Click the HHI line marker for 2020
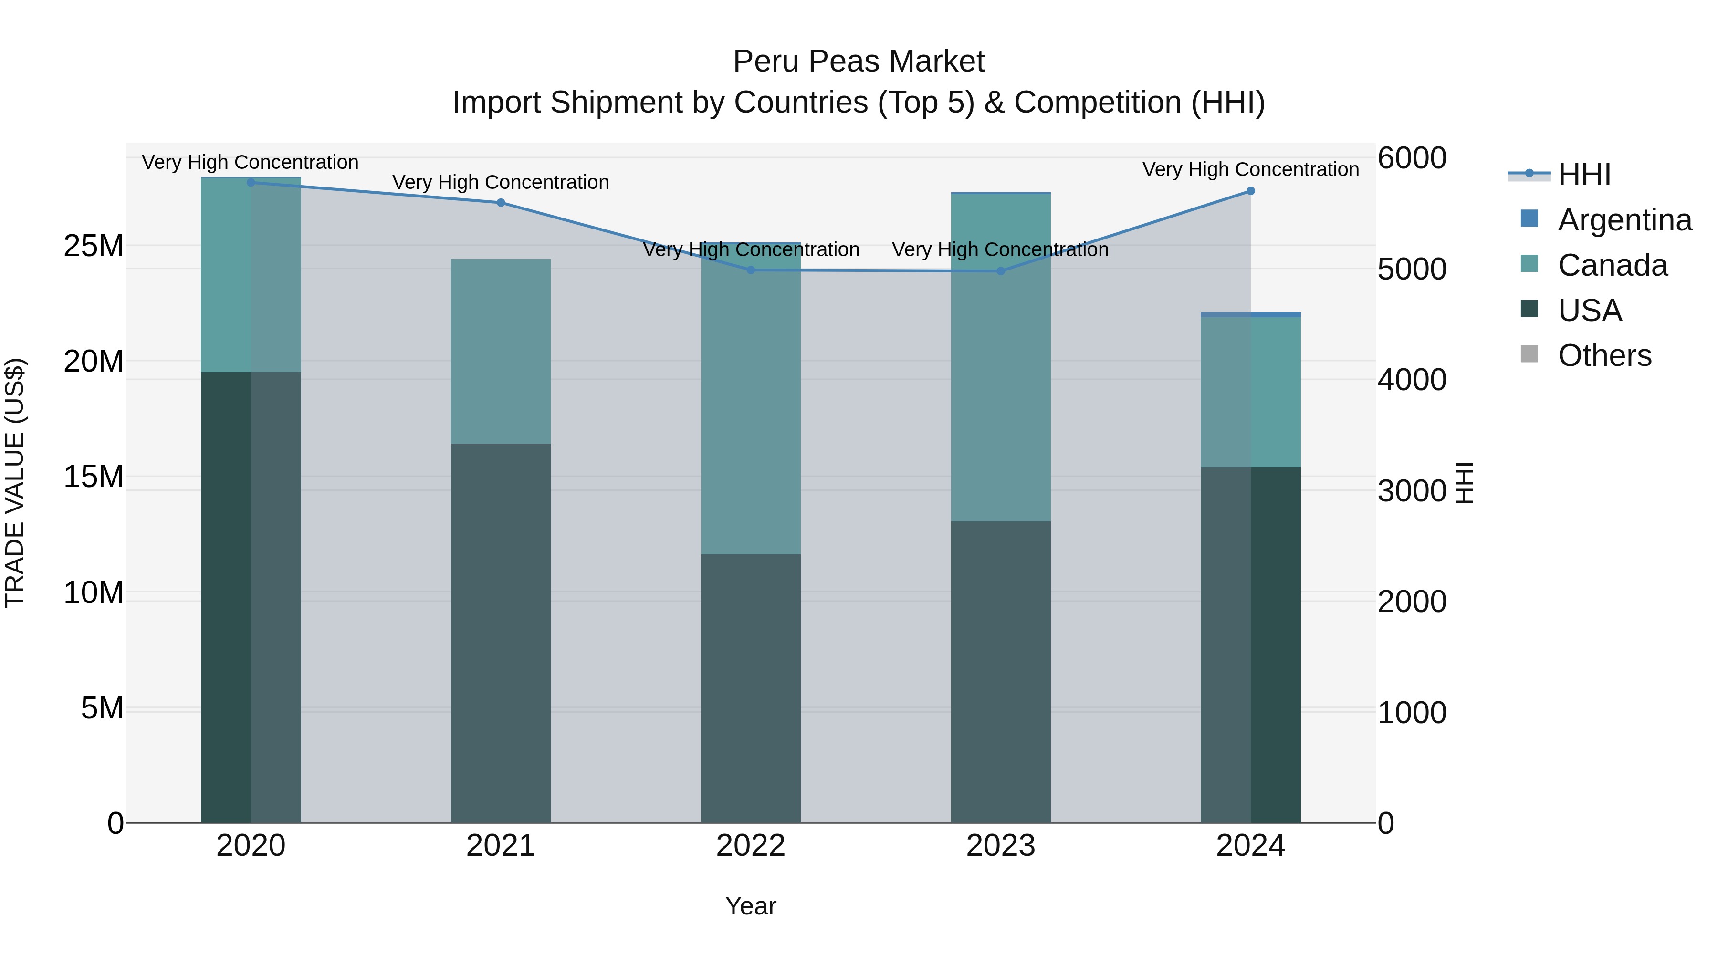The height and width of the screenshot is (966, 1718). pyautogui.click(x=251, y=182)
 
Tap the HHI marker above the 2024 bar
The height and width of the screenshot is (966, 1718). pyautogui.click(x=1250, y=191)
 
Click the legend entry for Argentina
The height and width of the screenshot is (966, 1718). pyautogui.click(x=1624, y=220)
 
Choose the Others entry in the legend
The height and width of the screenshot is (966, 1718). pyautogui.click(x=1604, y=355)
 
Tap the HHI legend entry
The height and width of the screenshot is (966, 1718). pyautogui.click(x=1584, y=175)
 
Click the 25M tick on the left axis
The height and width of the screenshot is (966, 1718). pyautogui.click(x=94, y=246)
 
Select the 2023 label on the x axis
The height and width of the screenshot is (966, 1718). pyautogui.click(x=1000, y=846)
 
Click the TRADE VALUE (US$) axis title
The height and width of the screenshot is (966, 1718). pyautogui.click(x=15, y=483)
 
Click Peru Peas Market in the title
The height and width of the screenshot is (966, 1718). pyautogui.click(x=859, y=62)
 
